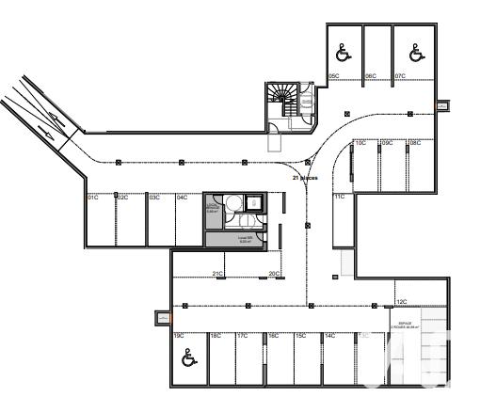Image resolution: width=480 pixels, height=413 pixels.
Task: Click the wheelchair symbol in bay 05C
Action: point(344,55)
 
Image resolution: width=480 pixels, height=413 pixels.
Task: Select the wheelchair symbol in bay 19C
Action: point(187,357)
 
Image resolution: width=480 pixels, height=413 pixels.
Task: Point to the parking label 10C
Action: point(360,143)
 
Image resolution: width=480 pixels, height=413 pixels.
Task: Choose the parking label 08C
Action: point(414,143)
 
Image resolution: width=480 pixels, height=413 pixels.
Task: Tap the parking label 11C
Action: point(340,197)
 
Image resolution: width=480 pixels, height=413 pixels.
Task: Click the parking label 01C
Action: point(93,198)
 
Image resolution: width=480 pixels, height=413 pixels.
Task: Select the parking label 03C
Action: point(154,198)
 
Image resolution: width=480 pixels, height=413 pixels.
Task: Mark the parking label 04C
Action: point(183,198)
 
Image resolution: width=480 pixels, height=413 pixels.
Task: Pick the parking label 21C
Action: point(217,274)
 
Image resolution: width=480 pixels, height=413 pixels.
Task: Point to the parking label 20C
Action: point(274,274)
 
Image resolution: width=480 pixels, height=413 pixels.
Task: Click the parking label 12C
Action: point(401,302)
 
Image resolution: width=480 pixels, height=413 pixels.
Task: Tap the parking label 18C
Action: point(216,336)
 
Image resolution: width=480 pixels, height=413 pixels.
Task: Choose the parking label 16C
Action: point(273,336)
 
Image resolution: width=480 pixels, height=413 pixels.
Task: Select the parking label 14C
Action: point(330,336)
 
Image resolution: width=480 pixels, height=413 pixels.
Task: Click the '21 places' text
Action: point(306,177)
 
